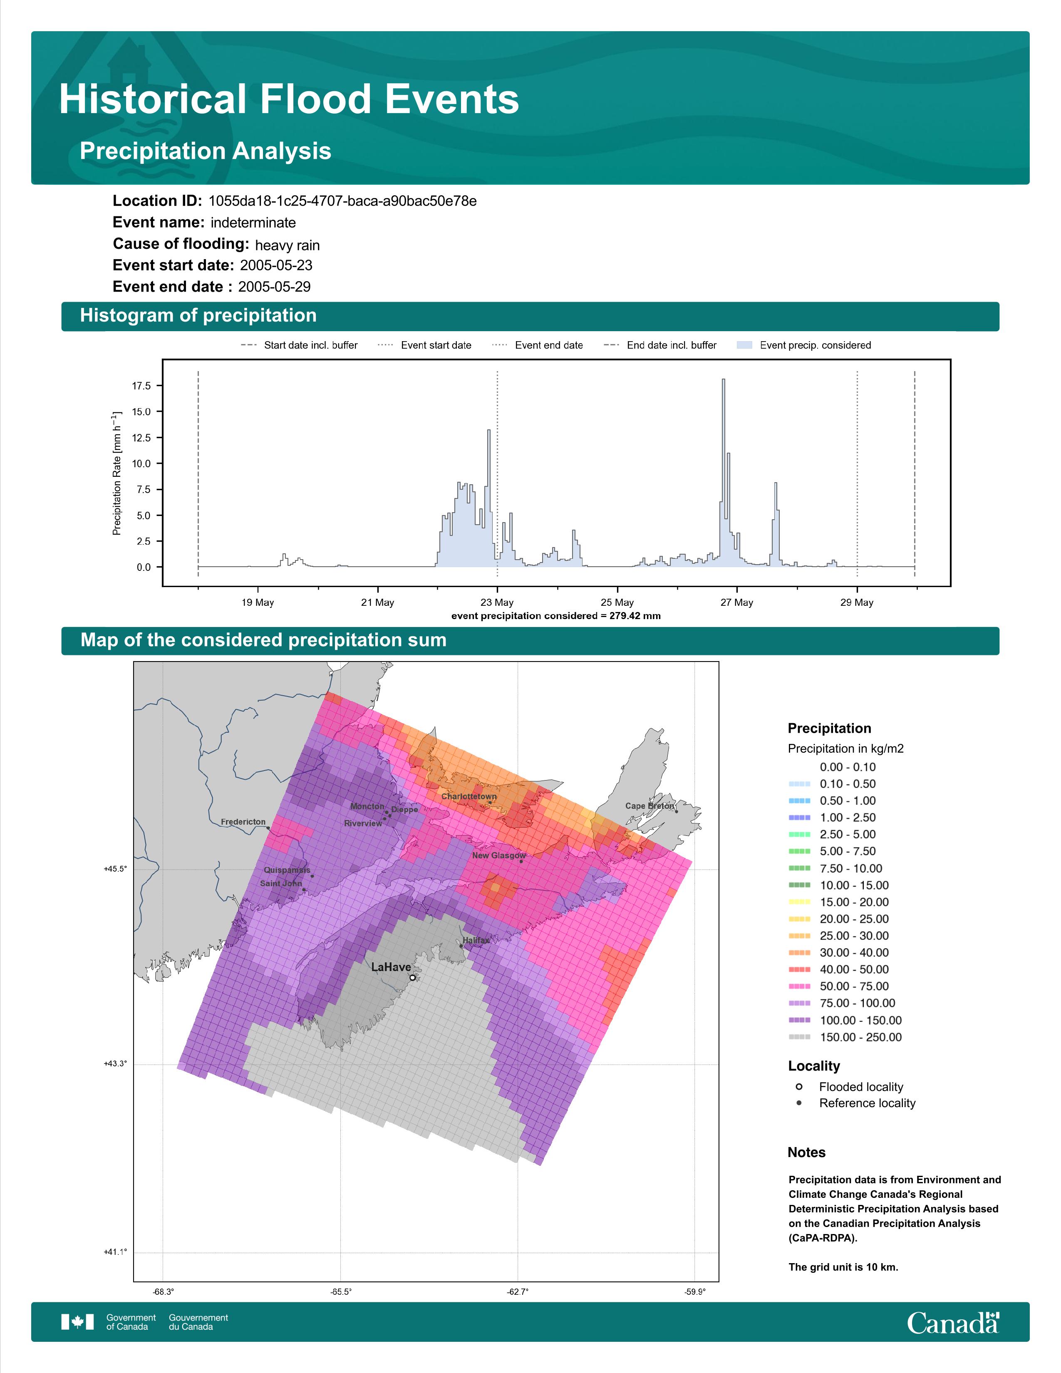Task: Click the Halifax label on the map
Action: (x=476, y=940)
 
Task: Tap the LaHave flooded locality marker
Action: (x=412, y=978)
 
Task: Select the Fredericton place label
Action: (x=243, y=822)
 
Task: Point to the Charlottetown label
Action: (x=469, y=796)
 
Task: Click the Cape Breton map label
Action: (x=649, y=806)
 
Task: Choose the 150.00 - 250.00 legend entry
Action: (x=845, y=1037)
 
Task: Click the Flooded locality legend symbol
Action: (x=799, y=1086)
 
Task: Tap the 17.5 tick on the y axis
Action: (x=141, y=386)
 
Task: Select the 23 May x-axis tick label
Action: (x=497, y=602)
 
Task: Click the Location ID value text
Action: (x=342, y=201)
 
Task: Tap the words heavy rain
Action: (x=287, y=245)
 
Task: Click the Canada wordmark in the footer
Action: (x=953, y=1323)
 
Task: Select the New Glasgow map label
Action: (x=499, y=855)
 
